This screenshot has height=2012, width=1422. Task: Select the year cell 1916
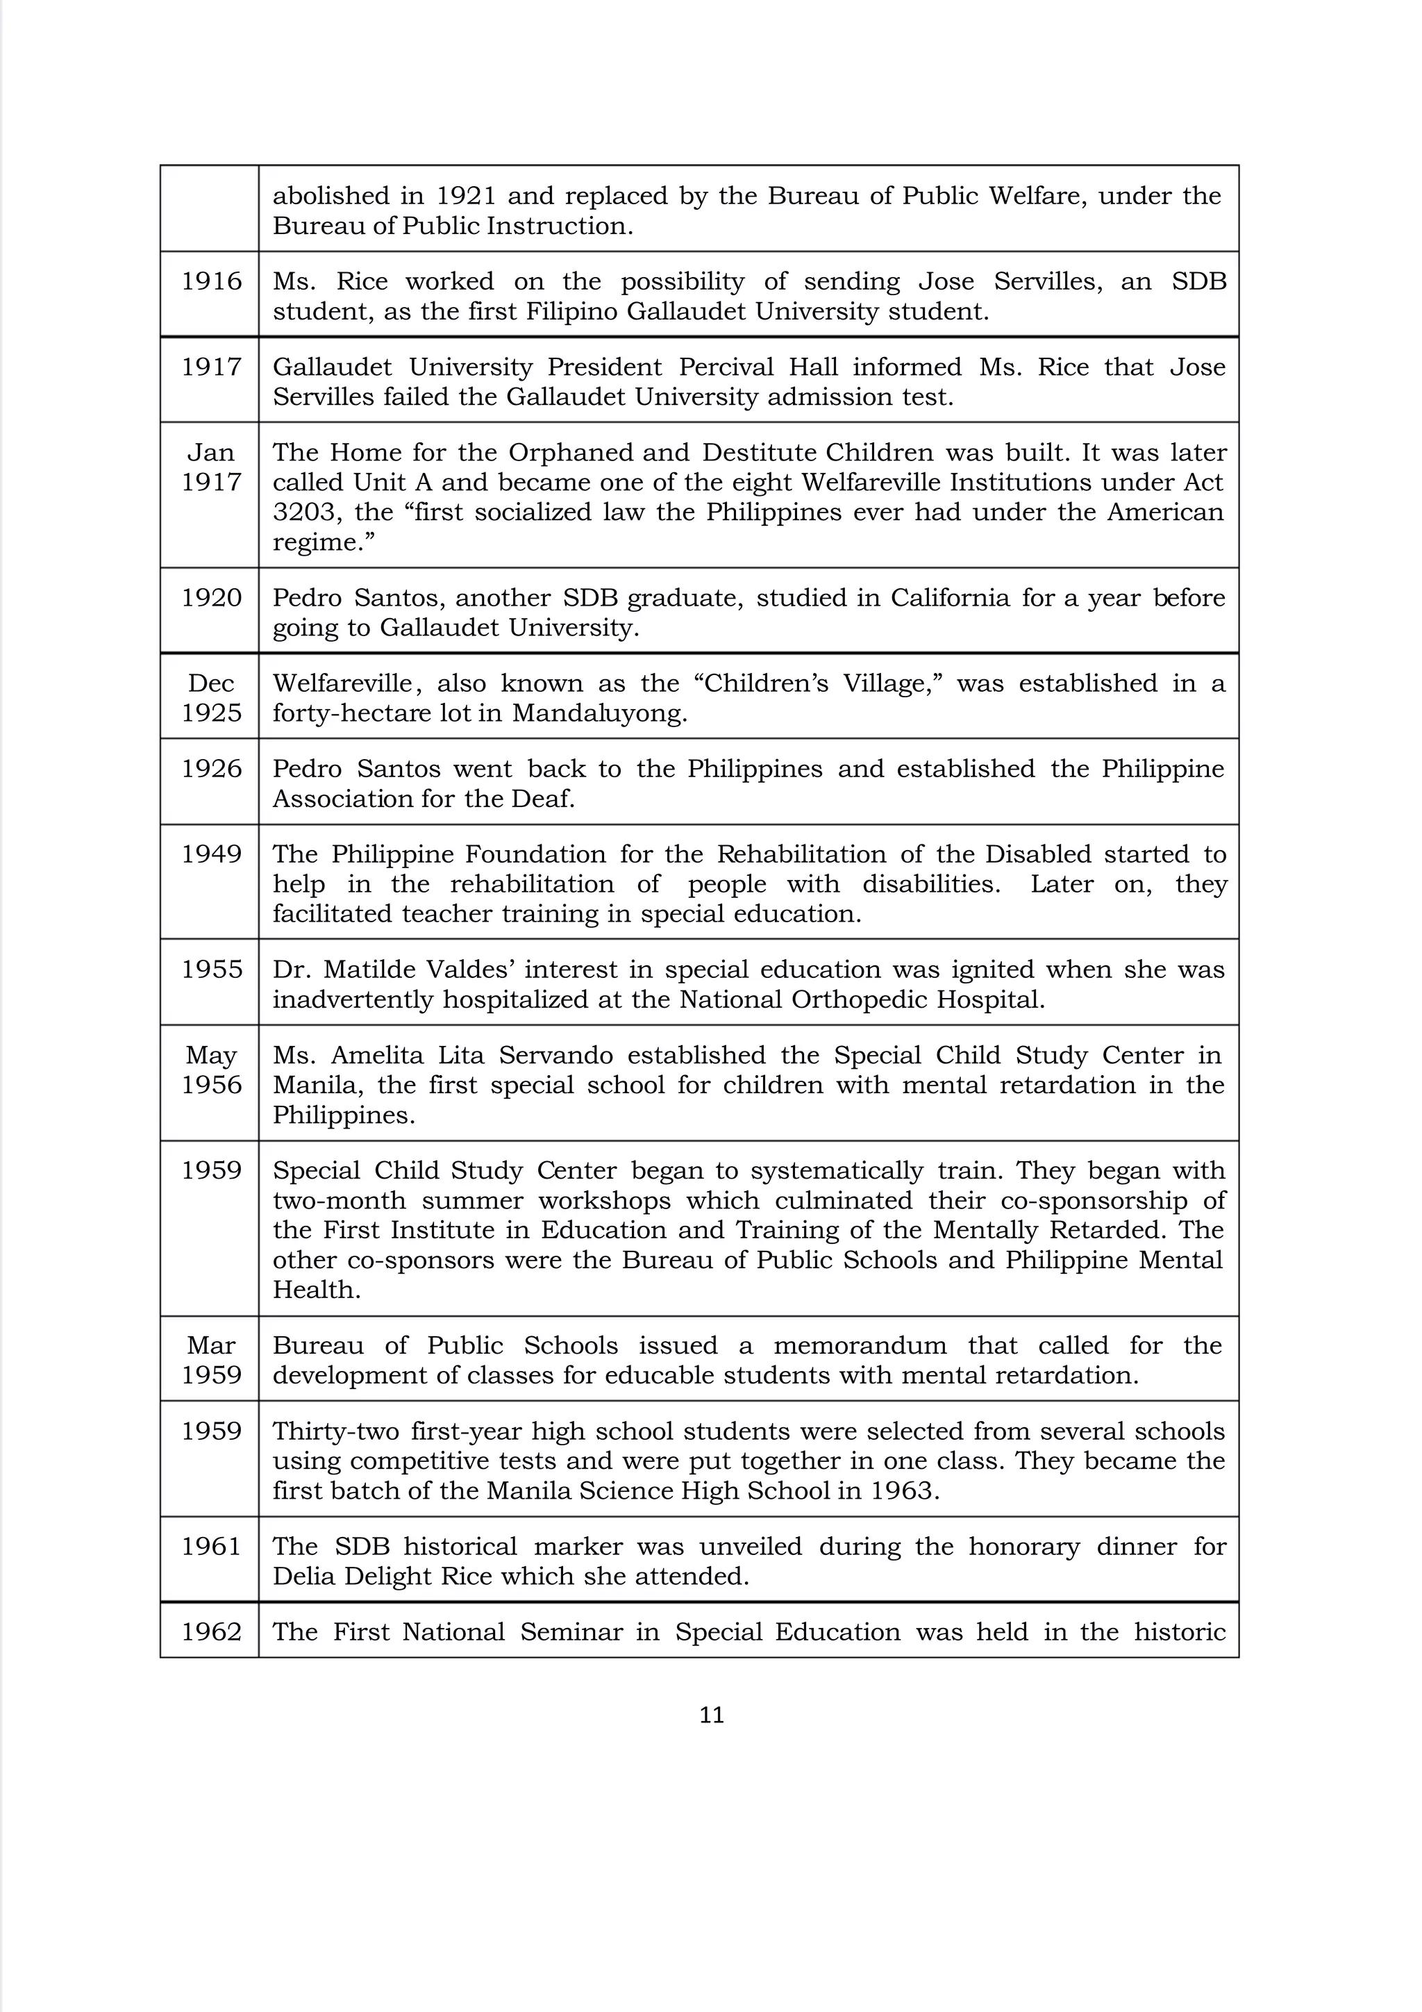click(211, 281)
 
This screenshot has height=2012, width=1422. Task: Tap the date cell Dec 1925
click(211, 697)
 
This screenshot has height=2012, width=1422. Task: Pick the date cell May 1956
click(211, 1070)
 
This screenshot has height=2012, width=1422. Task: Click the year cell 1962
click(211, 1631)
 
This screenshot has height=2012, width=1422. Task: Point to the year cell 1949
click(211, 854)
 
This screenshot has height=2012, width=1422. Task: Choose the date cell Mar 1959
click(211, 1360)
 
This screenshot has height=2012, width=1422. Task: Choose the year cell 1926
click(211, 769)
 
